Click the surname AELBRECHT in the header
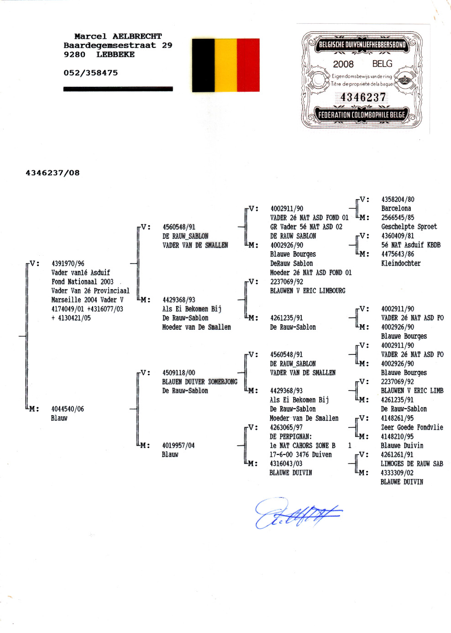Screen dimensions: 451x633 pos(137,37)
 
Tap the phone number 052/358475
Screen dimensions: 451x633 pos(91,73)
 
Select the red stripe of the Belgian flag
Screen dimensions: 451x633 pos(248,65)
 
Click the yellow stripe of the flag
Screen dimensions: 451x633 pos(225,65)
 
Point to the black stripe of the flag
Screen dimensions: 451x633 pos(203,65)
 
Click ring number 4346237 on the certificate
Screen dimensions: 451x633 pos(363,97)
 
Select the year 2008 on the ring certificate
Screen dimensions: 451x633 pos(343,64)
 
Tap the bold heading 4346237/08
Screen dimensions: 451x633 pos(52,173)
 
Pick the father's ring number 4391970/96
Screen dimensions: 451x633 pos(68,264)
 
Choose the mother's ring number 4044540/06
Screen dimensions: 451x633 pos(68,409)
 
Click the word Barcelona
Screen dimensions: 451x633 pos(396,209)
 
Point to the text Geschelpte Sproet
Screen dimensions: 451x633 pos(409,227)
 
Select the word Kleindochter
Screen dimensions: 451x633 pos(401,264)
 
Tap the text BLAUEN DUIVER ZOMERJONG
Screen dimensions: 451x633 pos(199,382)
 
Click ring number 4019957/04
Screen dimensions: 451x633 pos(178,446)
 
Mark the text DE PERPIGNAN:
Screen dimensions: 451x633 pos(291,437)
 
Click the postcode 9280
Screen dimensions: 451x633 pos(74,54)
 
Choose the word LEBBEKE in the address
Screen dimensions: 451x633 pos(115,54)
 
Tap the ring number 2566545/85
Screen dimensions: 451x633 pos(398,217)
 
